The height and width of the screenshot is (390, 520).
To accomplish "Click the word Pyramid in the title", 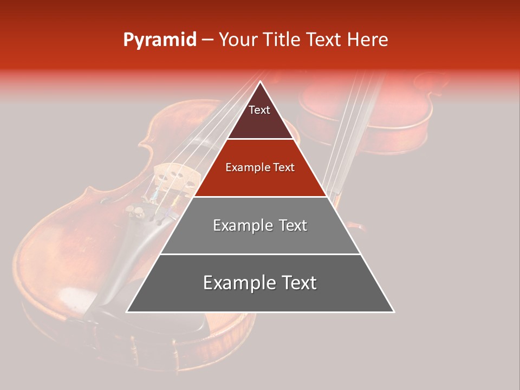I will pos(160,40).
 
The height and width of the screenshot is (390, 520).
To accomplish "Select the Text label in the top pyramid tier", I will pos(259,110).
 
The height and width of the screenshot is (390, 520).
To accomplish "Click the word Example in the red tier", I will pos(246,168).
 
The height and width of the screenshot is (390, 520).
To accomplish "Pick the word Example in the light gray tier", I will pos(243,225).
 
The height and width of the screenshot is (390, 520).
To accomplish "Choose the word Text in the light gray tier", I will pos(293,225).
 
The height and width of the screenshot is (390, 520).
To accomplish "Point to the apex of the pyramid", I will pos(260,82).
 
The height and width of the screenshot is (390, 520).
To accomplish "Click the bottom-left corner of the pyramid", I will pos(127,311).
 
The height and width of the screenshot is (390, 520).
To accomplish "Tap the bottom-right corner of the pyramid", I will pos(393,311).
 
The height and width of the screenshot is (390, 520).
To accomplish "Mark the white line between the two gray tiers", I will pos(260,254).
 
